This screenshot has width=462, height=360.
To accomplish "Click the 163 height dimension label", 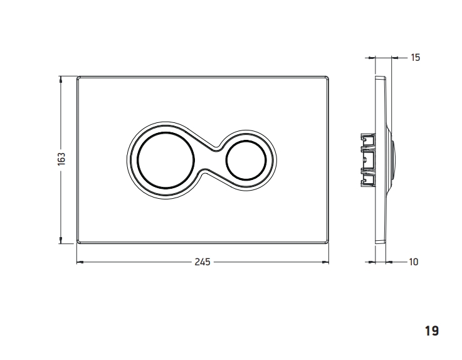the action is point(61,159).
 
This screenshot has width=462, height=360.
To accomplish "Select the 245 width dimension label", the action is point(202,262).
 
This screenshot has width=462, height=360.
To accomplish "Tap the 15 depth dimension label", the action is point(415,58).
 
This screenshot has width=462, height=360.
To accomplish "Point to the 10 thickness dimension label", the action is point(414,262).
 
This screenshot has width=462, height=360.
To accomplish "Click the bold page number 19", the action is point(432,331).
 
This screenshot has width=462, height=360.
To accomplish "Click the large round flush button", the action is point(166,160).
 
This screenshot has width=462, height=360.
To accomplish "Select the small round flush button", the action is point(246,160).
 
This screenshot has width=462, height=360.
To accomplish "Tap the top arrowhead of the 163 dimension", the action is point(61,79).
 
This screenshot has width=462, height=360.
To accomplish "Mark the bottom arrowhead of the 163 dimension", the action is point(61,241).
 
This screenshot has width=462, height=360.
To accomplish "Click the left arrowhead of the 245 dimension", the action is point(80,262).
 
